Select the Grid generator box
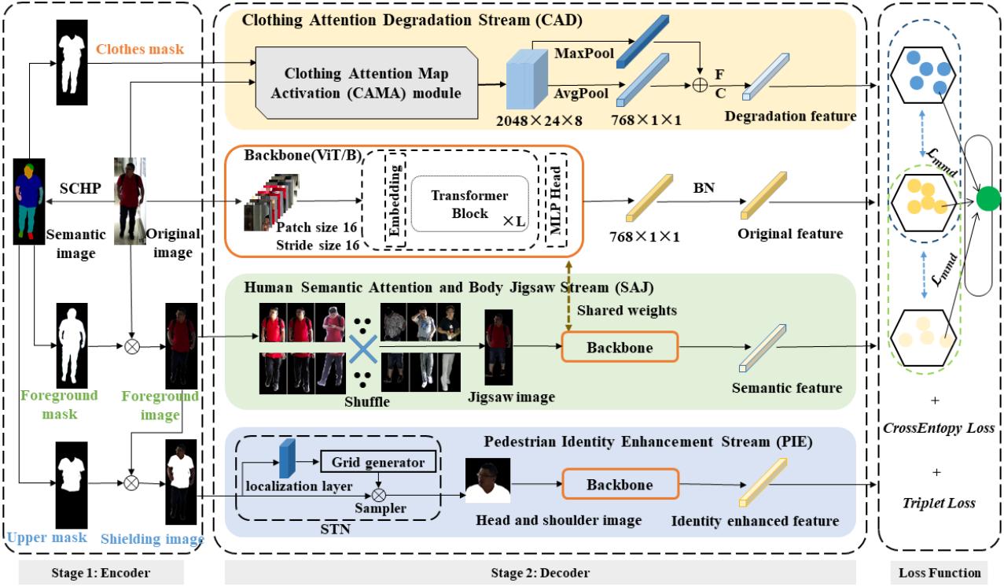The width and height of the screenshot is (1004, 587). click(x=377, y=463)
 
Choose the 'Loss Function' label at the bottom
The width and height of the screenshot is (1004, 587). click(x=940, y=573)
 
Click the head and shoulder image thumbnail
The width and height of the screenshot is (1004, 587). click(x=487, y=481)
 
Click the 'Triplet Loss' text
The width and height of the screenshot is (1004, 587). click(x=940, y=503)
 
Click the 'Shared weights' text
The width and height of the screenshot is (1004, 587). click(x=627, y=310)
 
